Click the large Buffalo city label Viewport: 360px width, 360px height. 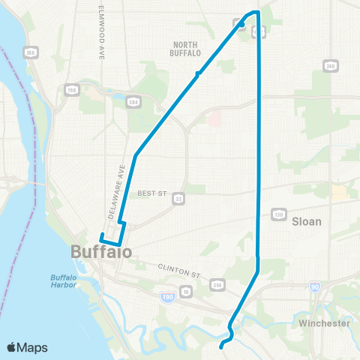[x=101, y=252]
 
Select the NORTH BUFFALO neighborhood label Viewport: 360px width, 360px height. [x=186, y=49]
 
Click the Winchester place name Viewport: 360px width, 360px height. [x=324, y=323]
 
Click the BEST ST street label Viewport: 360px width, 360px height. [x=151, y=193]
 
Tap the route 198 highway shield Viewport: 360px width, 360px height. [x=72, y=90]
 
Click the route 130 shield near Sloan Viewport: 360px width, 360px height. [x=279, y=214]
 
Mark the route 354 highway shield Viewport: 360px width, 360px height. [x=217, y=284]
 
